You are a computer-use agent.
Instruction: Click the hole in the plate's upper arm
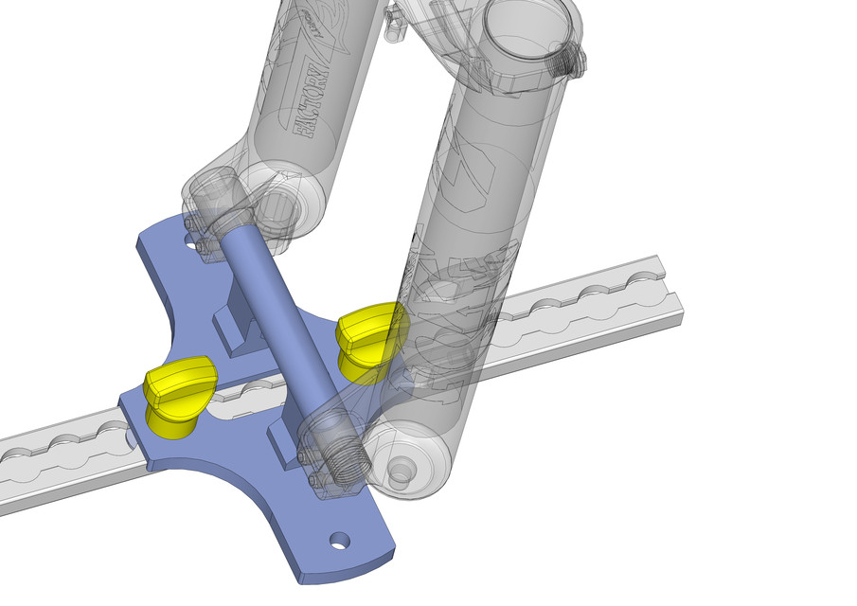[x=203, y=245]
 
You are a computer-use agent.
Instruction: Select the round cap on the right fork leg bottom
[x=402, y=470]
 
